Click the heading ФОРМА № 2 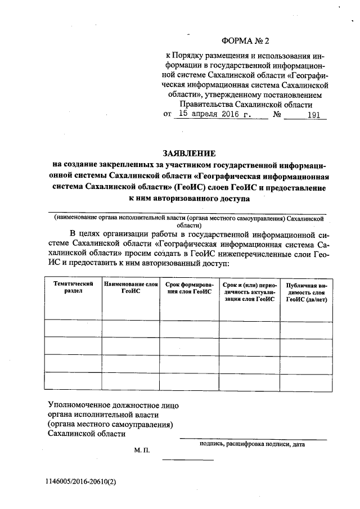(246, 41)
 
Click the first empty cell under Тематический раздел (73, 327)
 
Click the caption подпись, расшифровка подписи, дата (252, 444)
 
